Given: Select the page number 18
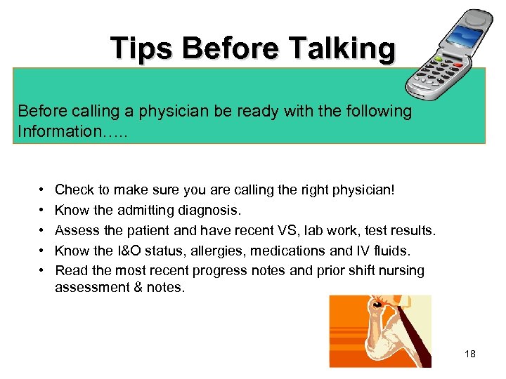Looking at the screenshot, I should coord(469,354).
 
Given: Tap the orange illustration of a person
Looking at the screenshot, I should coord(380,331).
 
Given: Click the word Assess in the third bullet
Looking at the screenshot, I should coord(76,230).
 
